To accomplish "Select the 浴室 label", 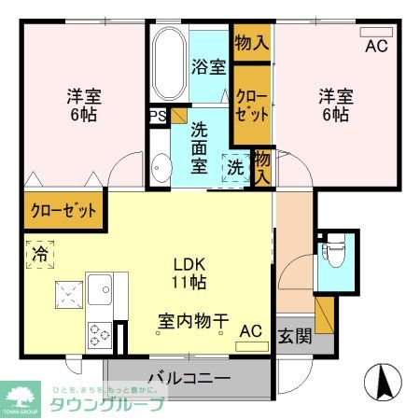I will pyautogui.click(x=208, y=67).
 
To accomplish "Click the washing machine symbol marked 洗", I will pyautogui.click(x=235, y=168).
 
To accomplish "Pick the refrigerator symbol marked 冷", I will pyautogui.click(x=41, y=254).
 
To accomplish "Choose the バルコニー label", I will pyautogui.click(x=189, y=379).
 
